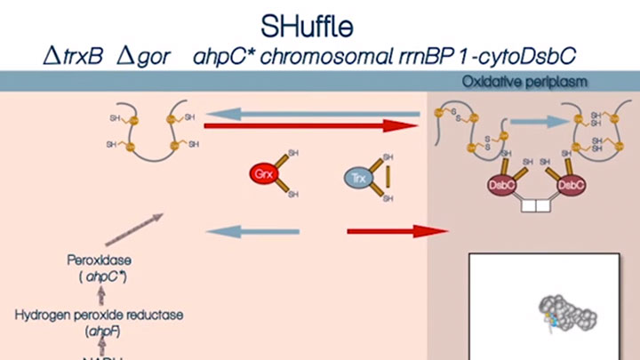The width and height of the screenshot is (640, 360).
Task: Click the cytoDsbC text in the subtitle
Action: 529,55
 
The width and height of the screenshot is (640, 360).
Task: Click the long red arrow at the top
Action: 311,127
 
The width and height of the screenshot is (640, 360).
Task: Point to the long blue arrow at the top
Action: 311,113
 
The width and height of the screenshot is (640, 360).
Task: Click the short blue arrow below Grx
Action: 240,231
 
